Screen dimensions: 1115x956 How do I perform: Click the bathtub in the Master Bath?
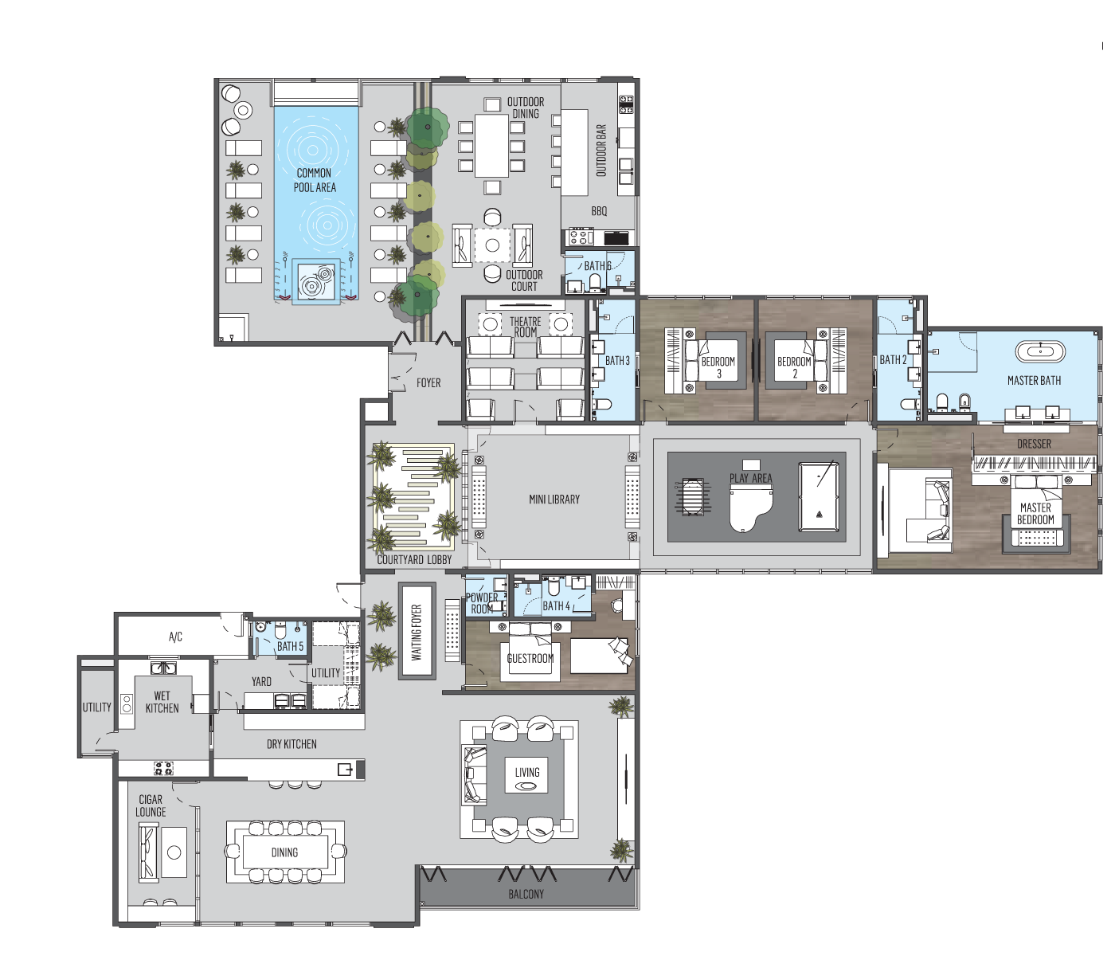(1039, 352)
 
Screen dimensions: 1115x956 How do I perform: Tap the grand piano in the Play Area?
(750, 507)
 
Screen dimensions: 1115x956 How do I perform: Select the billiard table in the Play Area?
(818, 496)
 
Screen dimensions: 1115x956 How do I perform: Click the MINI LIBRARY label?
(554, 500)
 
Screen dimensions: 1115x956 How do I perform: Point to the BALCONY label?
(526, 894)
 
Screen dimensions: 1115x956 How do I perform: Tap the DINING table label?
(284, 852)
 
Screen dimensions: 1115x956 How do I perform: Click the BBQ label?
(599, 211)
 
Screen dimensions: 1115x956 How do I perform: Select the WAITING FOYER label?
(417, 632)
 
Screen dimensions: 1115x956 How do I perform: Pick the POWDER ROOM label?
(482, 603)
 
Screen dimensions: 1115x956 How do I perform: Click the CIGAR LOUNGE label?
(151, 805)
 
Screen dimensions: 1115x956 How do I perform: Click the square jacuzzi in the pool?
(316, 280)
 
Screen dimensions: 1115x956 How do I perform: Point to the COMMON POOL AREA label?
(315, 180)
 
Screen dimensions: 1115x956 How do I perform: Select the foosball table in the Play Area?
(692, 496)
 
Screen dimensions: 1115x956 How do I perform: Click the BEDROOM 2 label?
(794, 366)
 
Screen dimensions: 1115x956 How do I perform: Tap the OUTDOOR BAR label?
(601, 151)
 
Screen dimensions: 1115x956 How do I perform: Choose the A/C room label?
(175, 637)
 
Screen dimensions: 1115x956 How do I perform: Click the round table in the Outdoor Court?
(492, 245)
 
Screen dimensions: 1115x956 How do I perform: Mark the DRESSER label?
(1034, 444)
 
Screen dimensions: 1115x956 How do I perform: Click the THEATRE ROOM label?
(525, 327)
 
